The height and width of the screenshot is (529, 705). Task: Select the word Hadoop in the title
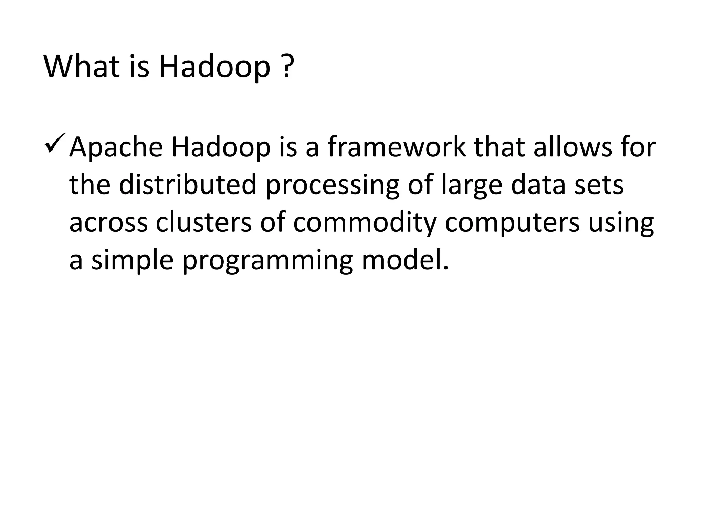tap(214, 67)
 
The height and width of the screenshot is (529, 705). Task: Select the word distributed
tap(188, 185)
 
